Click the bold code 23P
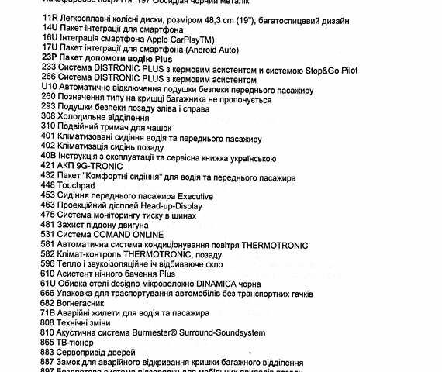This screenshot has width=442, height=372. click(x=50, y=58)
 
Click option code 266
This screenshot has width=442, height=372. click(x=49, y=80)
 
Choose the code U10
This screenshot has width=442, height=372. click(x=49, y=90)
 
